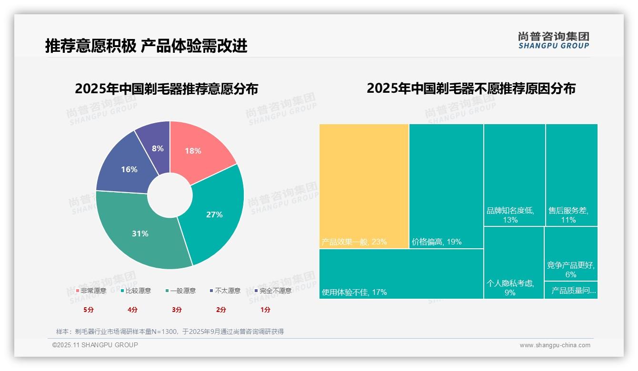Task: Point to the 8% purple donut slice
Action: click(158, 147)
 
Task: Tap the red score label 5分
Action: click(89, 310)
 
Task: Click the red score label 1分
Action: click(265, 310)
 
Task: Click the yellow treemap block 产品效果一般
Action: click(364, 185)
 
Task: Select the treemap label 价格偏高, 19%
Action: click(437, 242)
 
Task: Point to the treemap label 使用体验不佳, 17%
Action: click(354, 292)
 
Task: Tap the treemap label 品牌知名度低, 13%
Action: click(510, 215)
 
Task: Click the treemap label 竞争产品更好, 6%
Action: click(570, 270)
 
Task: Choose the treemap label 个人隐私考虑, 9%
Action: click(510, 288)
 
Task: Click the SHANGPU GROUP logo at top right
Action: click(554, 40)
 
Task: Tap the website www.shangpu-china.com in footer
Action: click(555, 345)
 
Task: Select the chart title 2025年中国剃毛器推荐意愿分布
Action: click(166, 89)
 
